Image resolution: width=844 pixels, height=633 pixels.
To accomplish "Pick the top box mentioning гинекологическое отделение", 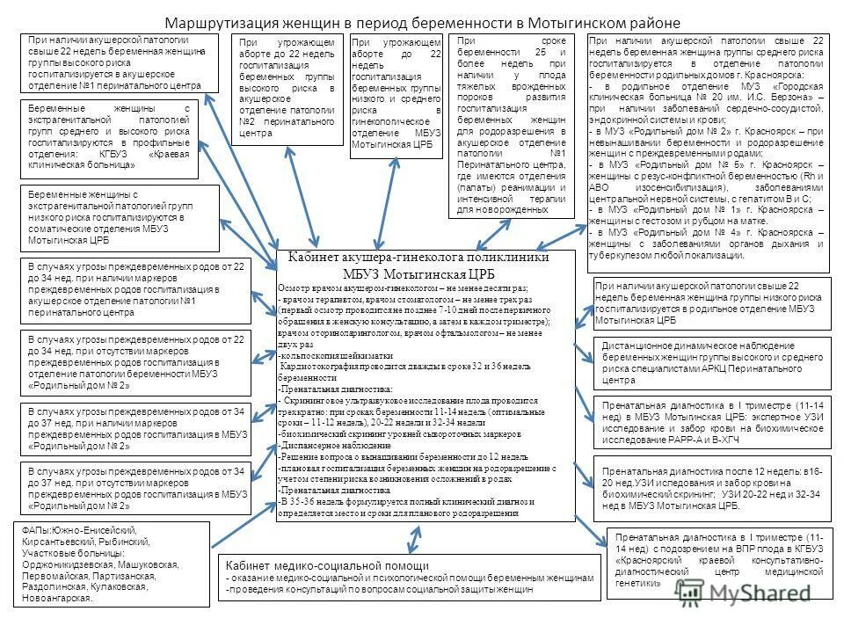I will [394, 97].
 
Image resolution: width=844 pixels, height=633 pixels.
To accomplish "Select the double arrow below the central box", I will [411, 539].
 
